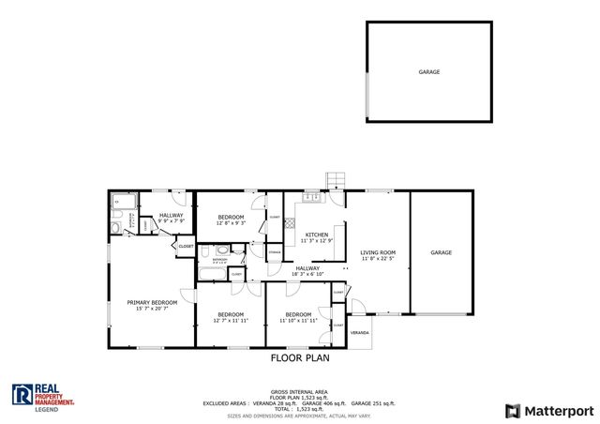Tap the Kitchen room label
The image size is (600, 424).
click(x=316, y=234)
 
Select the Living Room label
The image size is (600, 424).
click(x=378, y=251)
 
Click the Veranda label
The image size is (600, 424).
click(x=360, y=333)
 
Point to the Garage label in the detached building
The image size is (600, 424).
click(x=429, y=71)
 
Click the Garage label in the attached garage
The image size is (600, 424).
click(x=442, y=252)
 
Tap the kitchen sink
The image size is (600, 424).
click(x=310, y=198)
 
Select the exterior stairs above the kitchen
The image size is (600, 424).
click(x=335, y=180)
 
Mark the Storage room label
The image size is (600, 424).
click(x=275, y=252)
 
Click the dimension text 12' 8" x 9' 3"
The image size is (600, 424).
click(x=231, y=223)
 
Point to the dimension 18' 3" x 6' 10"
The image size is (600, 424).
click(x=308, y=275)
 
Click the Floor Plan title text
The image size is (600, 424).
click(x=300, y=357)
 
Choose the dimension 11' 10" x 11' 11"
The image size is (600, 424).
click(x=298, y=320)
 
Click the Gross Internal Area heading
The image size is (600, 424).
click(x=299, y=390)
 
